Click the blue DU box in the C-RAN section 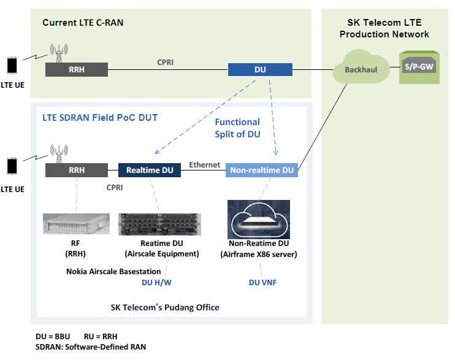point(260,70)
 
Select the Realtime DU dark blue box point(150,170)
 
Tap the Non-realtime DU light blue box point(262,170)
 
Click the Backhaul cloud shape point(361,67)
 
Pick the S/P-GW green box point(419,67)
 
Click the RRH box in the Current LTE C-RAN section point(77,70)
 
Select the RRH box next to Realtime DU point(77,170)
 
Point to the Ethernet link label point(205,165)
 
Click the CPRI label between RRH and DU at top point(166,63)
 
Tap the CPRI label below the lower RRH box point(115,188)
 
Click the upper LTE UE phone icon point(12,66)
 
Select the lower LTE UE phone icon point(12,166)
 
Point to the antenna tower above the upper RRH point(59,53)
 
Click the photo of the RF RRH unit point(76,224)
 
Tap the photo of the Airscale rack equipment point(159,224)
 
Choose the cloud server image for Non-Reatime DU point(259,219)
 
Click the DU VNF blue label point(262,283)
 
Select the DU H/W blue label point(156,283)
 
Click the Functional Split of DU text point(237,128)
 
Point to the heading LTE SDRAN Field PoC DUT point(100,118)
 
